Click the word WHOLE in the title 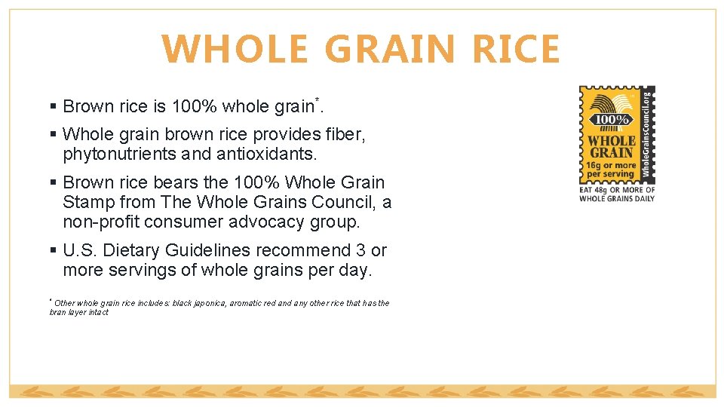(234, 50)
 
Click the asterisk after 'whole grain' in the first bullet (317, 100)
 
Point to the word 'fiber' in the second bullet (344, 135)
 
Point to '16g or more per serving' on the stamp (612, 169)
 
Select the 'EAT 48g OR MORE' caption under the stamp (617, 190)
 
